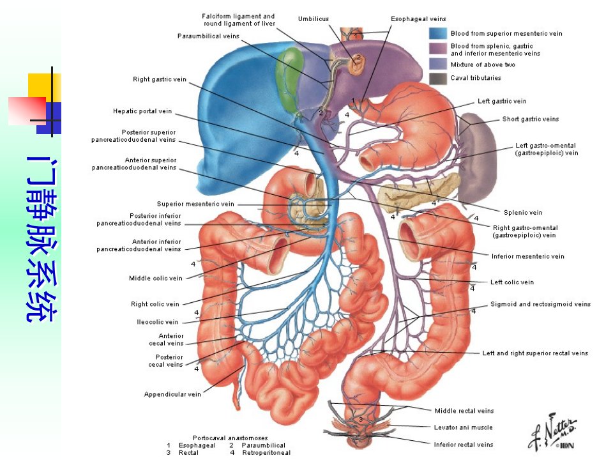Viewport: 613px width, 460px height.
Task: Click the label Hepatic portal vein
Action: click(x=142, y=111)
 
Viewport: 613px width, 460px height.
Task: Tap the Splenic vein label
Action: click(x=523, y=213)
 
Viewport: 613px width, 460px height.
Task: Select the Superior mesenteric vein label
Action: click(x=195, y=204)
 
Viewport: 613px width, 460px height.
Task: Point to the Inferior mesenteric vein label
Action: click(x=528, y=256)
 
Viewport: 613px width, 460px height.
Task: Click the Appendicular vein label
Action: click(x=172, y=394)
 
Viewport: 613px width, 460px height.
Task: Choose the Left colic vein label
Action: click(x=511, y=282)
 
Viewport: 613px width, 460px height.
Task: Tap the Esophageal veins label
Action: click(x=418, y=19)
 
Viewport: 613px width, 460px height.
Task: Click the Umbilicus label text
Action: click(x=314, y=19)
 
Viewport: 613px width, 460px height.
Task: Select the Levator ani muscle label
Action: click(x=464, y=427)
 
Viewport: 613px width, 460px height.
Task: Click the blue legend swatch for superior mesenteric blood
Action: click(x=438, y=33)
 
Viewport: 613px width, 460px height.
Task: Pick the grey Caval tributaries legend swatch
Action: click(x=438, y=79)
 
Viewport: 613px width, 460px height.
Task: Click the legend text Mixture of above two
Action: click(x=483, y=65)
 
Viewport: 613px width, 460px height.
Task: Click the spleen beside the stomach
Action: click(x=478, y=157)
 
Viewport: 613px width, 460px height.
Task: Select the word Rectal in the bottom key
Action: click(x=188, y=452)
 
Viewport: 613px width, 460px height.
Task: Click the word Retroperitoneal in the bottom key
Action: click(x=266, y=452)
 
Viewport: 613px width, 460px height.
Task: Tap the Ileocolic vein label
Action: click(x=158, y=322)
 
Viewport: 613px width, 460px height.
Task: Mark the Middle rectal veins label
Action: click(x=464, y=411)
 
